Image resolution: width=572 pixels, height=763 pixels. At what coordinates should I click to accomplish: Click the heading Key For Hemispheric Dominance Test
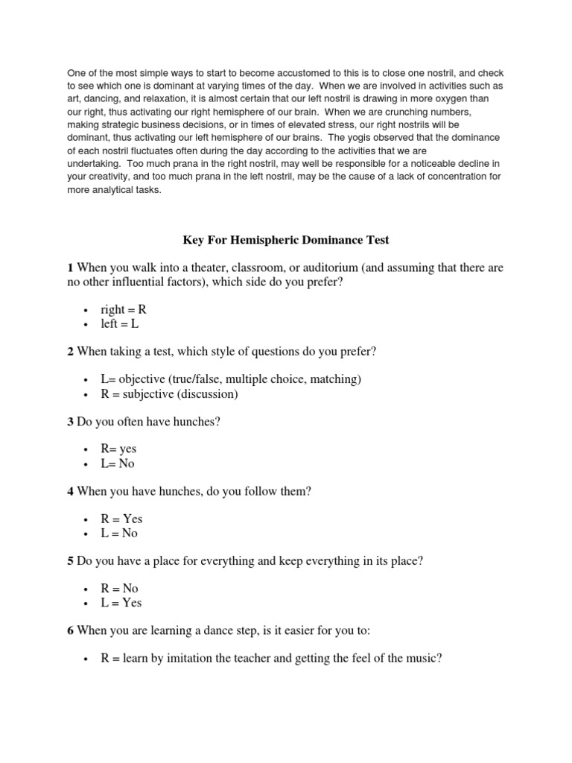[286, 240]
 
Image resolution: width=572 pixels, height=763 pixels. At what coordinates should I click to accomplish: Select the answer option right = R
[124, 309]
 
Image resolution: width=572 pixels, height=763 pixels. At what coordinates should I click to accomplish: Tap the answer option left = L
[120, 323]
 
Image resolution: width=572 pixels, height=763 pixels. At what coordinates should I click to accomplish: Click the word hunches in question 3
[196, 422]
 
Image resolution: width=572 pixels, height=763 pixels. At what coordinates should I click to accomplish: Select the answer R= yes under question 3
[119, 449]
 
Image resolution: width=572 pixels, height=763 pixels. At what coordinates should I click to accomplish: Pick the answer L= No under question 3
[118, 463]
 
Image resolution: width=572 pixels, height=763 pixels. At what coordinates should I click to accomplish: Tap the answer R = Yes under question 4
[121, 519]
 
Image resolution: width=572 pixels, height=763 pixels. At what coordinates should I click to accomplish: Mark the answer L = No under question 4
[120, 533]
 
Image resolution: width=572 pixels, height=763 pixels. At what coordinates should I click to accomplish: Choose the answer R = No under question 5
[120, 589]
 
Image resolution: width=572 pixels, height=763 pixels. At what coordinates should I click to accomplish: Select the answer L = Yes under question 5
[121, 603]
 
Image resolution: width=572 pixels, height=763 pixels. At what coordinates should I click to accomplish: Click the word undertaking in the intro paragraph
[93, 162]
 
